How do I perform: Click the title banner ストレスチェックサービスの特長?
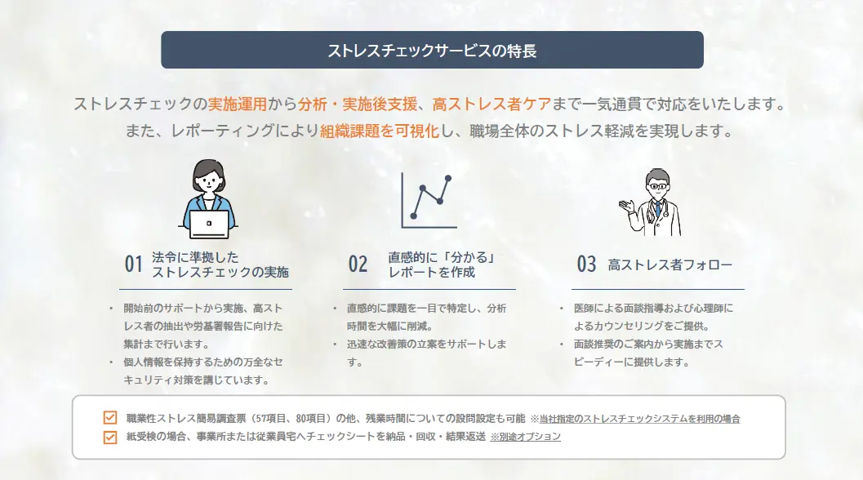click(432, 50)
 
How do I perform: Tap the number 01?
click(134, 264)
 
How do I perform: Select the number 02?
click(358, 264)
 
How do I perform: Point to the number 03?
click(587, 264)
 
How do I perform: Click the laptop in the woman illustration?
click(209, 223)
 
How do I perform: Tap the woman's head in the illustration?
click(208, 175)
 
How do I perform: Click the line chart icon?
click(427, 200)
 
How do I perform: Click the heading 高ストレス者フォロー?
click(669, 264)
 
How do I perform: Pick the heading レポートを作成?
click(432, 272)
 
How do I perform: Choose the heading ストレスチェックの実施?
click(220, 272)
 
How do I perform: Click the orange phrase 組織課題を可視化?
click(380, 130)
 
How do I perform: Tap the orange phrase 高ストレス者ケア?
click(492, 104)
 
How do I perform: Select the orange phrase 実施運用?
click(238, 104)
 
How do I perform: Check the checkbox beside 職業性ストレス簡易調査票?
click(110, 418)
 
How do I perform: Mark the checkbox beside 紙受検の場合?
click(110, 437)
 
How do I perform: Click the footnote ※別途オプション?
click(525, 437)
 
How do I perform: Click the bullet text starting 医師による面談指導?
click(653, 316)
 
